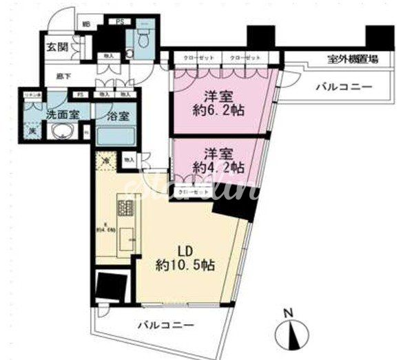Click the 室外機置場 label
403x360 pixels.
click(351, 60)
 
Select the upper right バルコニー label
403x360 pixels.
click(344, 88)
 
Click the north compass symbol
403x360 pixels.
click(293, 334)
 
